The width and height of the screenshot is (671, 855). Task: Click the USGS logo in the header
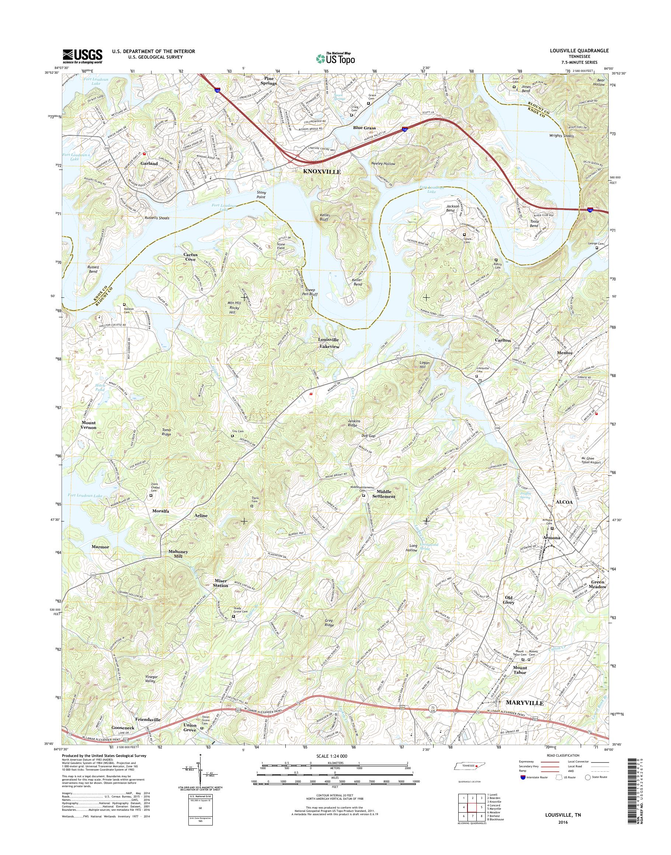pos(83,56)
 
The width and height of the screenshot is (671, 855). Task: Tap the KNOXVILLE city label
pos(321,172)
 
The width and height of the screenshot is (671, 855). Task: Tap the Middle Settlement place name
pos(386,494)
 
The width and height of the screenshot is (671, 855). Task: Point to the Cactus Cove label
pos(191,257)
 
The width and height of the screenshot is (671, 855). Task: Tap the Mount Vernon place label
pos(89,425)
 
